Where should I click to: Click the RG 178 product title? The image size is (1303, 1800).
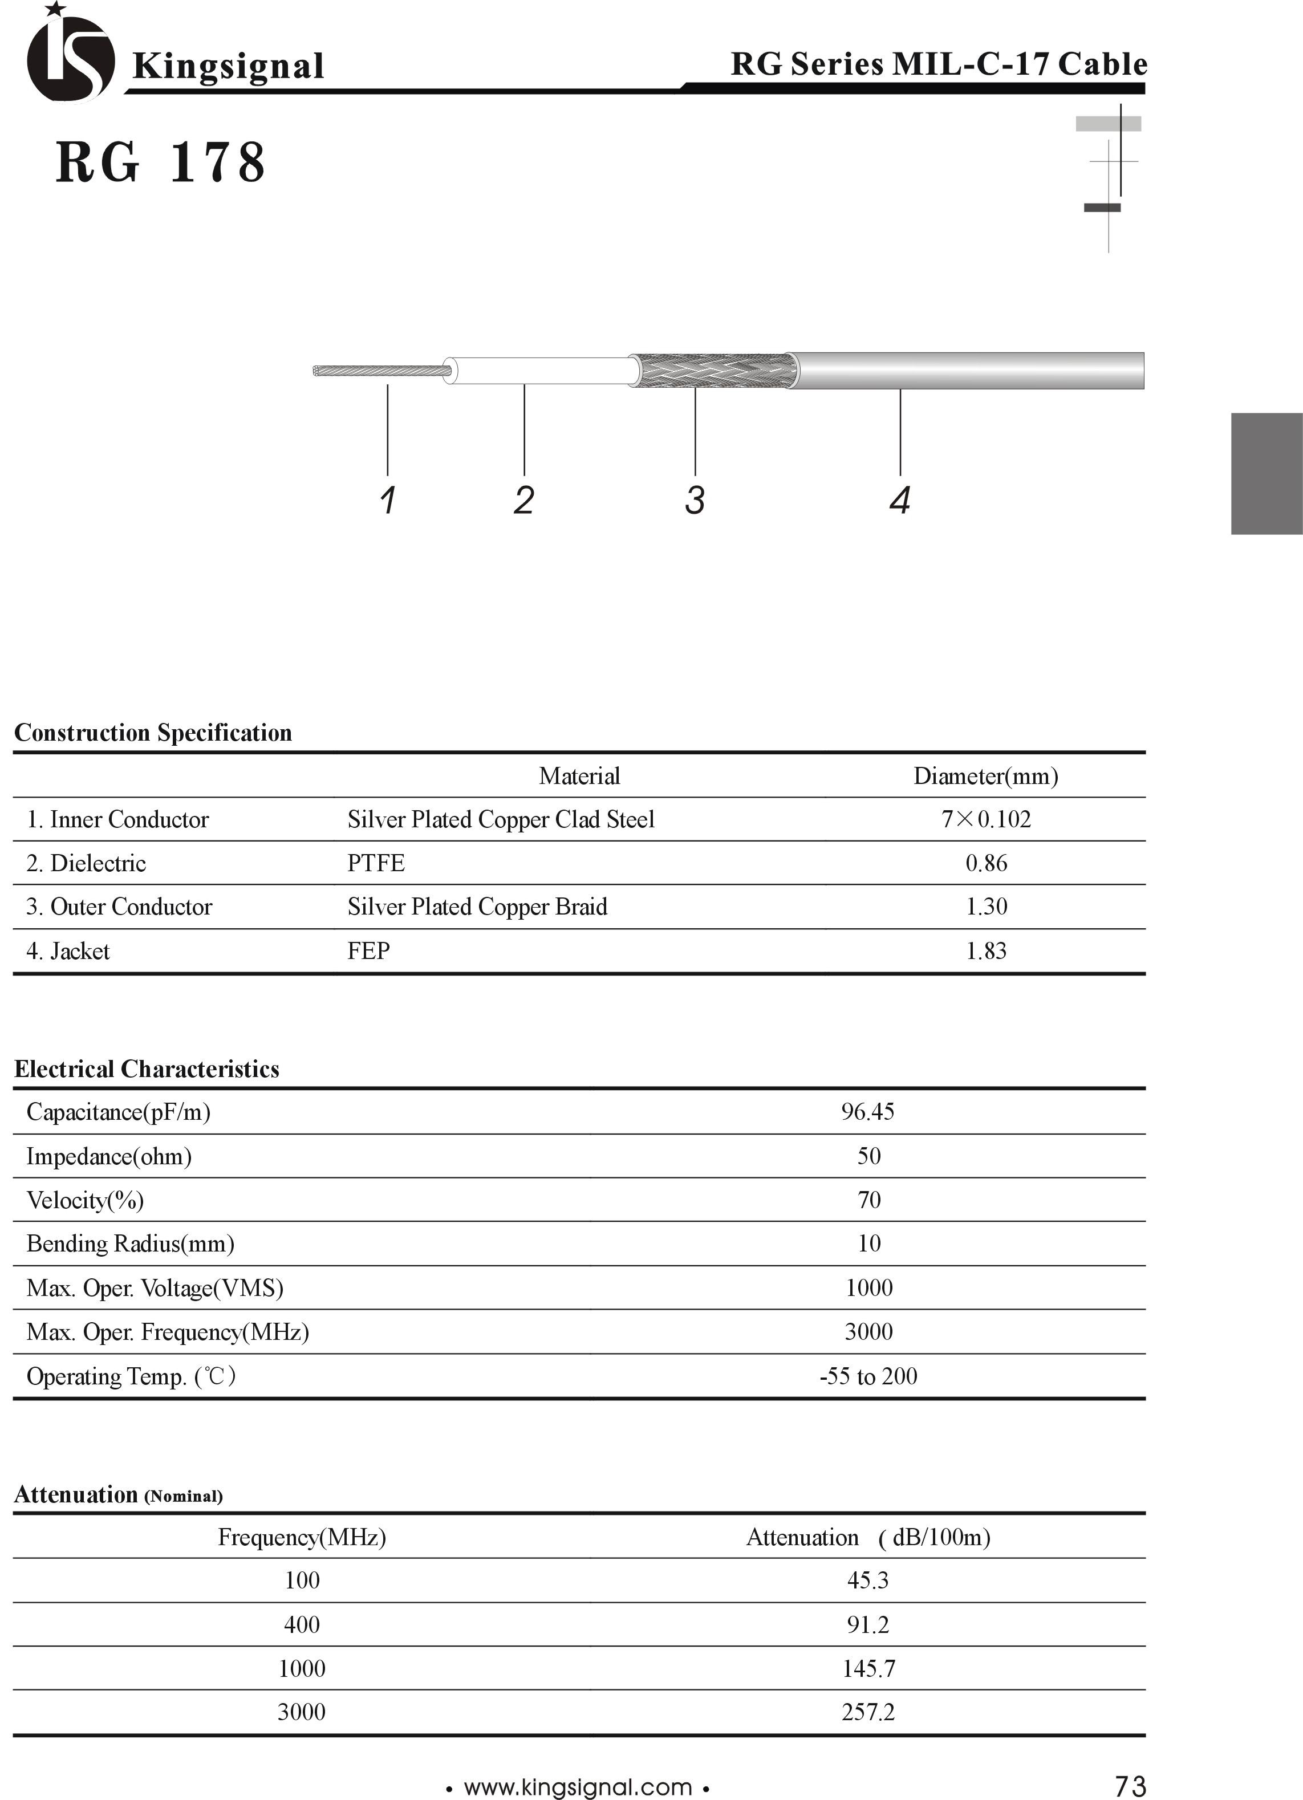click(x=160, y=162)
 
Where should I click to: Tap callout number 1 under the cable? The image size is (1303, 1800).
click(x=387, y=500)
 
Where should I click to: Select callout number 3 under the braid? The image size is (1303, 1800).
click(x=695, y=500)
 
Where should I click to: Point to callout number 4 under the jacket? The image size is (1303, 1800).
click(x=899, y=500)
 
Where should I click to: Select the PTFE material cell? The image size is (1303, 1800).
click(x=376, y=863)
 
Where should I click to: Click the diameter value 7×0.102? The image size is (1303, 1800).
click(x=985, y=819)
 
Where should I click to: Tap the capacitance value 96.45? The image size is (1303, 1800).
click(x=867, y=1111)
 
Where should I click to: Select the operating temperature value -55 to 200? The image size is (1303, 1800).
click(x=868, y=1375)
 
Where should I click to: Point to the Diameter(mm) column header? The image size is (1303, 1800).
click(x=985, y=775)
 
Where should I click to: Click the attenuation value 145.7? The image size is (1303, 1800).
click(x=868, y=1668)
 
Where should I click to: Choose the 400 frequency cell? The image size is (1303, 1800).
click(x=302, y=1624)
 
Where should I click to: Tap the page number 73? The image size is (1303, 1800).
click(x=1130, y=1786)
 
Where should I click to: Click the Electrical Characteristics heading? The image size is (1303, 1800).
click(x=147, y=1069)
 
